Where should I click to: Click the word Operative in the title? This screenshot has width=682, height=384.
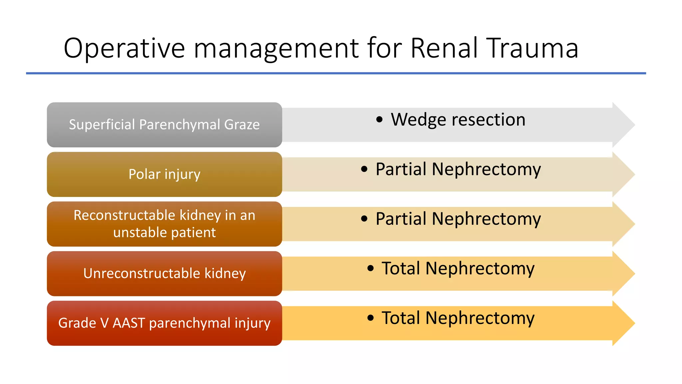pyautogui.click(x=124, y=49)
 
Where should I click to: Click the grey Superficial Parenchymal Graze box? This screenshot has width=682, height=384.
pyautogui.click(x=164, y=125)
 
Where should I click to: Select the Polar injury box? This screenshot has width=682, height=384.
pyautogui.click(x=164, y=174)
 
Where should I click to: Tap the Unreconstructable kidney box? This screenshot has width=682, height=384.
pyautogui.click(x=164, y=274)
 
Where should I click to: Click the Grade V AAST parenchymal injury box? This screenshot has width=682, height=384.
pyautogui.click(x=164, y=323)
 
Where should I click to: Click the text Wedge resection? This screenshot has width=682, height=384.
pyautogui.click(x=458, y=119)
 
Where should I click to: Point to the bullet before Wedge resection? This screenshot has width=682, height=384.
pyautogui.click(x=379, y=119)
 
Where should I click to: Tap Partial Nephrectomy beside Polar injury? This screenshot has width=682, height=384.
pyautogui.click(x=458, y=169)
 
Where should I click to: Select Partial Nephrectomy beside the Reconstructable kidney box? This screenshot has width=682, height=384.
pyautogui.click(x=458, y=219)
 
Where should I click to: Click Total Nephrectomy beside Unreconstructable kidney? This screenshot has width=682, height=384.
pyautogui.click(x=458, y=268)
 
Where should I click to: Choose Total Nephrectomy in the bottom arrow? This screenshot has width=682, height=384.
pyautogui.click(x=458, y=318)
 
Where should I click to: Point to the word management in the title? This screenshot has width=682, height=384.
pyautogui.click(x=276, y=49)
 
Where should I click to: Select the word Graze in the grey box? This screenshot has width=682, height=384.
pyautogui.click(x=242, y=125)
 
